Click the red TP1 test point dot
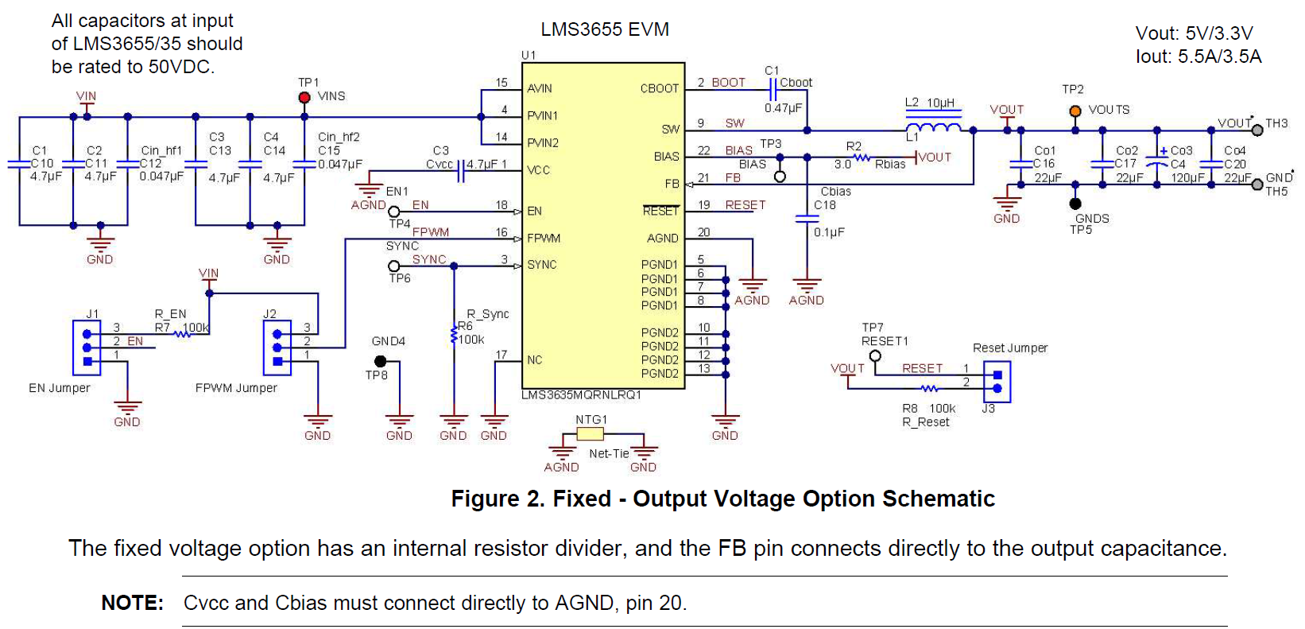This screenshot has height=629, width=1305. (x=304, y=97)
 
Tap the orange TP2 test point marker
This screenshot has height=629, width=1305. (x=1075, y=111)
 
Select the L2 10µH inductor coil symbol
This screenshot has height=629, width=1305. (x=933, y=129)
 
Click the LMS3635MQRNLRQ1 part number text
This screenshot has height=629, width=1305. (x=581, y=395)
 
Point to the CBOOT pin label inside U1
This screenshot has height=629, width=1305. (x=659, y=88)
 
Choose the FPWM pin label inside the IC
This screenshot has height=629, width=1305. (x=544, y=238)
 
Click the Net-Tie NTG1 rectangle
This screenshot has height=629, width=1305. (x=590, y=433)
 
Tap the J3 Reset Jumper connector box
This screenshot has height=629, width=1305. (x=997, y=381)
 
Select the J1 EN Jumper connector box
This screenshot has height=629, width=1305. (x=87, y=348)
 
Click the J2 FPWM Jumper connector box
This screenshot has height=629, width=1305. (x=277, y=348)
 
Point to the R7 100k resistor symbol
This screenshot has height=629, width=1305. (x=183, y=335)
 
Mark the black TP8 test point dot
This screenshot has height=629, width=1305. (x=380, y=361)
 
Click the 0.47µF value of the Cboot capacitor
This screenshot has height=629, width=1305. (x=783, y=108)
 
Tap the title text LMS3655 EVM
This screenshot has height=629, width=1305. (x=605, y=29)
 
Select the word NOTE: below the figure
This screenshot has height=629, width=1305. (x=132, y=603)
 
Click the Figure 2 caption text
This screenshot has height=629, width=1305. (x=722, y=499)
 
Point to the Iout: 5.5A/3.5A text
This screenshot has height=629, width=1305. (x=1198, y=56)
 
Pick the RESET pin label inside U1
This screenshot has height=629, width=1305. (x=660, y=211)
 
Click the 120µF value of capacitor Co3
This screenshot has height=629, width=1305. (x=1187, y=177)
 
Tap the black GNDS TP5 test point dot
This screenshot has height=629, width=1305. (x=1075, y=204)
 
